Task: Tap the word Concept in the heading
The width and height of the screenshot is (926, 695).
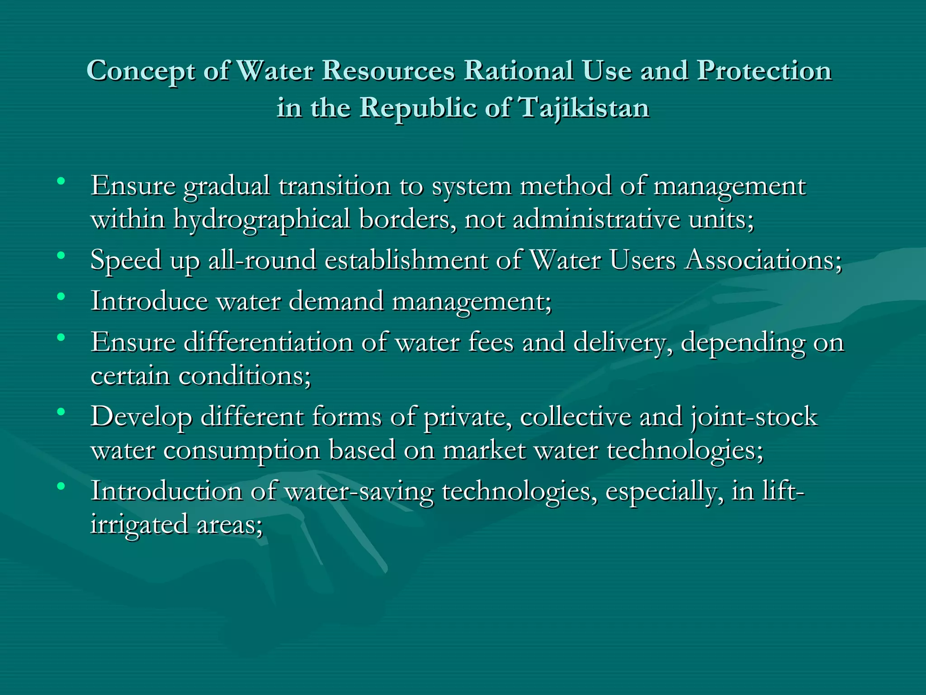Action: pyautogui.click(x=141, y=71)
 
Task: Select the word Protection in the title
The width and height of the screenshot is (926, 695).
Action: pyautogui.click(x=764, y=71)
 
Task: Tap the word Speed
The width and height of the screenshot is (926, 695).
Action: pyautogui.click(x=126, y=261)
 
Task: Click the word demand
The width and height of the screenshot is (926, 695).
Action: pyautogui.click(x=336, y=301)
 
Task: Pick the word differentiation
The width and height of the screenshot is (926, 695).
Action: pyautogui.click(x=268, y=342)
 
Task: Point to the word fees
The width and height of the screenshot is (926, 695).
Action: pyautogui.click(x=491, y=342)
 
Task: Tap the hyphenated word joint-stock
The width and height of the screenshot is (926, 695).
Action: pyautogui.click(x=754, y=417)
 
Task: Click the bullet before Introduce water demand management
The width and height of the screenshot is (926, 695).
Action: pyautogui.click(x=61, y=297)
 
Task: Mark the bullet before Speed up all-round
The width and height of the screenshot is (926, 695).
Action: pyautogui.click(x=61, y=256)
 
